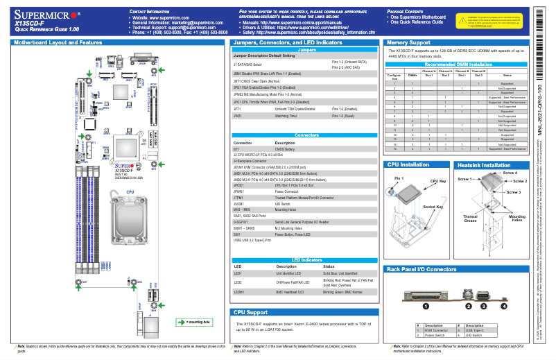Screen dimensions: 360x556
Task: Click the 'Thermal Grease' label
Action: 470,219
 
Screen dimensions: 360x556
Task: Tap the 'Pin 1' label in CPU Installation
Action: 399,179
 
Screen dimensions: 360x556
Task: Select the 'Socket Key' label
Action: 434,207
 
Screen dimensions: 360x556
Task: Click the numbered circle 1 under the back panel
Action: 426,305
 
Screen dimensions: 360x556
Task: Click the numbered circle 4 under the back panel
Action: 504,305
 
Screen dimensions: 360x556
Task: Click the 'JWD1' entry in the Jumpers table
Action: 238,117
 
